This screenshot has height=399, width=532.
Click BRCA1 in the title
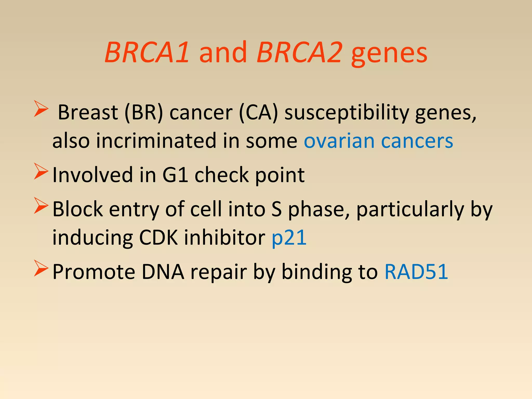click(147, 53)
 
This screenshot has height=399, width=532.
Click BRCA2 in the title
click(300, 53)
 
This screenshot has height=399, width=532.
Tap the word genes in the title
click(389, 55)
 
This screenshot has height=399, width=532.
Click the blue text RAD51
click(416, 272)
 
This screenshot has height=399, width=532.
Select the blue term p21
click(289, 238)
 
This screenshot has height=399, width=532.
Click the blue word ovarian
click(339, 141)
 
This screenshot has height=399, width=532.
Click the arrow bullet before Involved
click(41, 171)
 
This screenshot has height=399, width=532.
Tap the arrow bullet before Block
click(41, 206)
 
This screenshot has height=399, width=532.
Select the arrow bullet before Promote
click(41, 269)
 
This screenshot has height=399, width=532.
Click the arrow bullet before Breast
click(41, 109)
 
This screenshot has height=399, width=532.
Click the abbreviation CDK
click(158, 238)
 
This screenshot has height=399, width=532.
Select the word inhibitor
click(225, 238)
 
